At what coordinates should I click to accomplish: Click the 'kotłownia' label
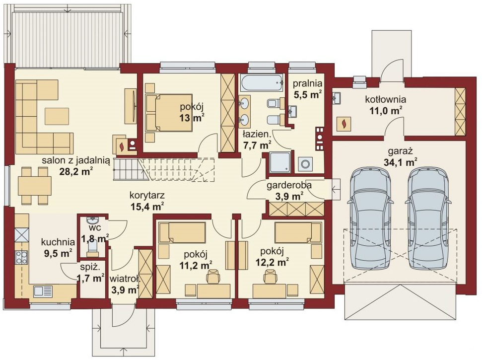coord(386,100)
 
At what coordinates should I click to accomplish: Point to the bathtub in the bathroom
coord(262,83)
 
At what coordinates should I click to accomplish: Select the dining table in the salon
coord(35,186)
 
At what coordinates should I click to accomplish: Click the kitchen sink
coord(43,291)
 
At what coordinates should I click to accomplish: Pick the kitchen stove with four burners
coord(21,258)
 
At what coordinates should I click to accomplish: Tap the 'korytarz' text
coord(147,195)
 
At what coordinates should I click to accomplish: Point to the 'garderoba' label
coord(289,185)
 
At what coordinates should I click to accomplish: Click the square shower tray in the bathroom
coord(279,162)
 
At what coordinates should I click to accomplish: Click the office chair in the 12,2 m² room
coord(270,276)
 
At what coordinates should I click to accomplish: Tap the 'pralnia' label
coord(307,83)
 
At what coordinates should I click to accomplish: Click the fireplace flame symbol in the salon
coord(122,146)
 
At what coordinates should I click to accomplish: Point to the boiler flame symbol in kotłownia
coord(344,124)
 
